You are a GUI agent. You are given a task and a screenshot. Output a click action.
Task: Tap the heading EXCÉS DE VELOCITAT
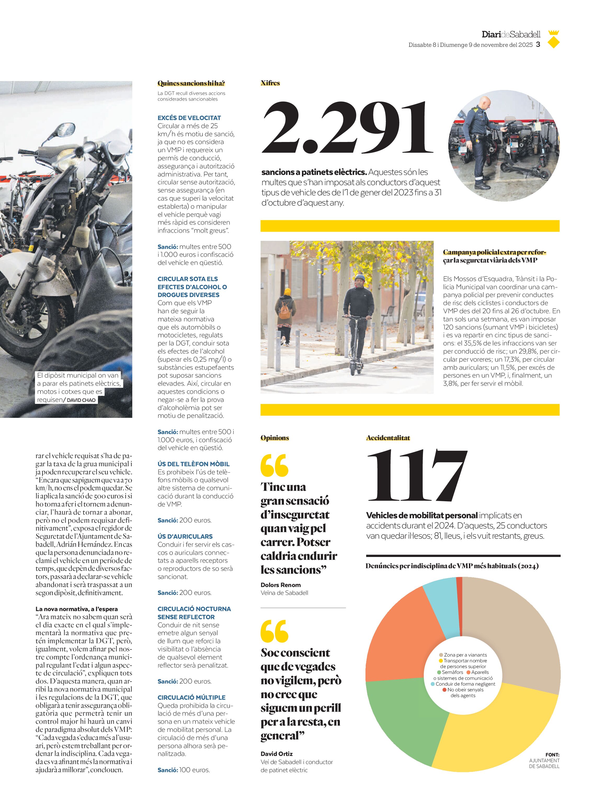(x=189, y=118)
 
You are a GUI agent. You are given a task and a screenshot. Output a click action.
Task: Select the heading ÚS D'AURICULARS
(x=185, y=536)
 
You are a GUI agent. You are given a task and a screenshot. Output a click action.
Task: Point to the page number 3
(x=538, y=44)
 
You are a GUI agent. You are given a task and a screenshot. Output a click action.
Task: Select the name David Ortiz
(x=277, y=754)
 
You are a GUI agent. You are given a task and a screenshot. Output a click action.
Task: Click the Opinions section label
(x=275, y=438)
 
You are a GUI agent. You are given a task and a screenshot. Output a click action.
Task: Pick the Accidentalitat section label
(x=388, y=438)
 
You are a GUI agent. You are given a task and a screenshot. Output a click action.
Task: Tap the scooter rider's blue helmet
(x=360, y=278)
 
